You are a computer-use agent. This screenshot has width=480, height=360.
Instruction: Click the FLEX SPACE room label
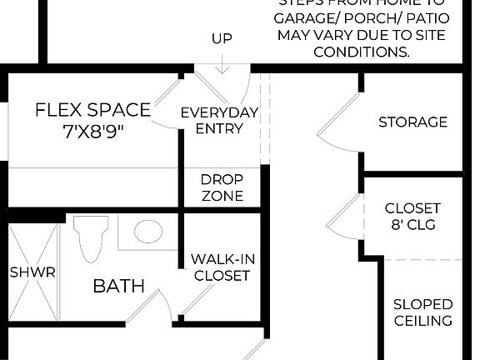pos(92,110)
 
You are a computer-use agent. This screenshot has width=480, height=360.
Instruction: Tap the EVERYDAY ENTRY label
pos(219,121)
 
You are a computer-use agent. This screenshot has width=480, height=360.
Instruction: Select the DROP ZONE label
pos(222,187)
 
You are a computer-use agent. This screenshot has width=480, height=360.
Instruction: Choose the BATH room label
pos(118,287)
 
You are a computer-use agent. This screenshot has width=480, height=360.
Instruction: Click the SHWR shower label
pos(32,272)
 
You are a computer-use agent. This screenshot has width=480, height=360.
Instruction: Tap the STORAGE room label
pos(412,122)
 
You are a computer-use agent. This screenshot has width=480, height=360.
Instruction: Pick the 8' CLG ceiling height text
pos(412,225)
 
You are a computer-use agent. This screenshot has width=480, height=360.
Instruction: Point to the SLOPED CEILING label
pos(422,312)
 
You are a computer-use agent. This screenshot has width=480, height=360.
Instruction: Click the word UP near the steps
pos(222,38)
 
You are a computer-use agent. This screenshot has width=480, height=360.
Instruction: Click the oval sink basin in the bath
pos(148,231)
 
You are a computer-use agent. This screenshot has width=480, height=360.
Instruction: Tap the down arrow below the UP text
pos(222,64)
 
